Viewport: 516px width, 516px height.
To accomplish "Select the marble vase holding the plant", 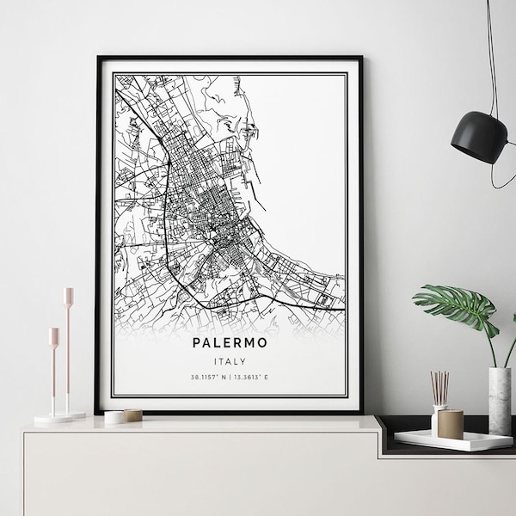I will coord(499,396).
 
